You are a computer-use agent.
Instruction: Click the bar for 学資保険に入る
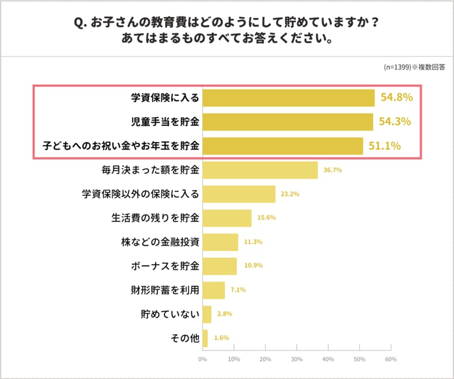click(288, 98)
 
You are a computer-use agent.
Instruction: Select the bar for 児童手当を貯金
click(288, 122)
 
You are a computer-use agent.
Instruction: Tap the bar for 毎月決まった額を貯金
click(260, 170)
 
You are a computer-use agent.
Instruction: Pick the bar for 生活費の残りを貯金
click(227, 218)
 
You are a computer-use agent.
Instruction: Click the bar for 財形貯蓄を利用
click(213, 290)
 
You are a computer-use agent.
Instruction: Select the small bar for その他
click(205, 338)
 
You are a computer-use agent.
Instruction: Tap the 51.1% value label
click(385, 146)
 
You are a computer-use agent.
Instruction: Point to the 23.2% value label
click(290, 194)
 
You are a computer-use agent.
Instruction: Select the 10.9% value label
click(253, 266)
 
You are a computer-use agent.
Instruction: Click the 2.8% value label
click(224, 314)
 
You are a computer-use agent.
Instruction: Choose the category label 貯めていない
click(170, 314)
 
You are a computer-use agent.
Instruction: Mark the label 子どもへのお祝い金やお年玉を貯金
click(122, 146)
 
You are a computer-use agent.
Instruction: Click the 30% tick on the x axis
click(296, 360)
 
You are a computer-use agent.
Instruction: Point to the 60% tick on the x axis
click(390, 360)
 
